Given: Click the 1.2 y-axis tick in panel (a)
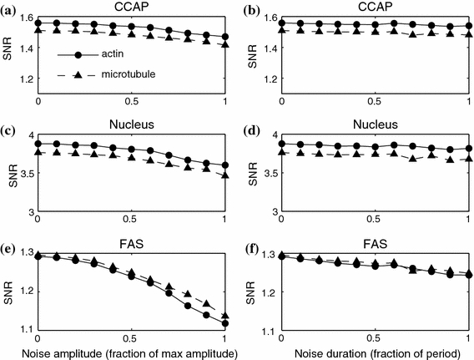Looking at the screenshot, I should (25, 79).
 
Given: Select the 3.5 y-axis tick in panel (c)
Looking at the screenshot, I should (26, 174).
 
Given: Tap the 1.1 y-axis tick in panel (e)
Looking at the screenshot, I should (25, 332).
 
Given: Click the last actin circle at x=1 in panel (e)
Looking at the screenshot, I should (225, 322).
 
